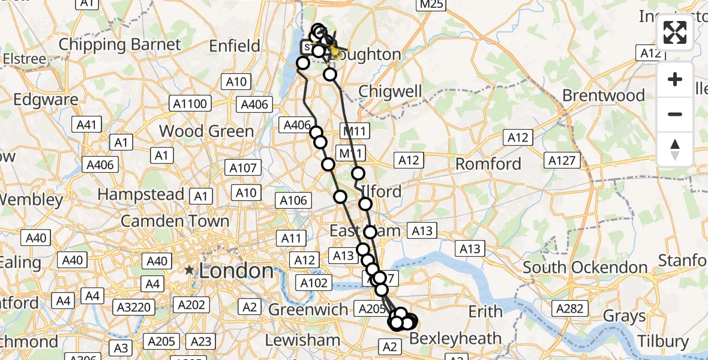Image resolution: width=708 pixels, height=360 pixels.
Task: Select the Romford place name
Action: click(x=488, y=163)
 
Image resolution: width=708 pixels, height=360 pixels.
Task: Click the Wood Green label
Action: click(x=206, y=131)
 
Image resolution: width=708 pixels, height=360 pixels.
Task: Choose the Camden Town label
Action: click(x=175, y=221)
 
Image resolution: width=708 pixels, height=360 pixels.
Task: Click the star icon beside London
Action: click(x=190, y=271)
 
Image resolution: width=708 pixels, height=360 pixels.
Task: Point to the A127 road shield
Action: click(x=563, y=160)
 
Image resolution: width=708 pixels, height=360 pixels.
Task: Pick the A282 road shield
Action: click(x=569, y=308)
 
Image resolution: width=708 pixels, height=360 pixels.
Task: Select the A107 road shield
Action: click(x=243, y=168)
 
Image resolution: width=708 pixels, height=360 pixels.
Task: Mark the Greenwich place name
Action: click(x=308, y=310)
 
